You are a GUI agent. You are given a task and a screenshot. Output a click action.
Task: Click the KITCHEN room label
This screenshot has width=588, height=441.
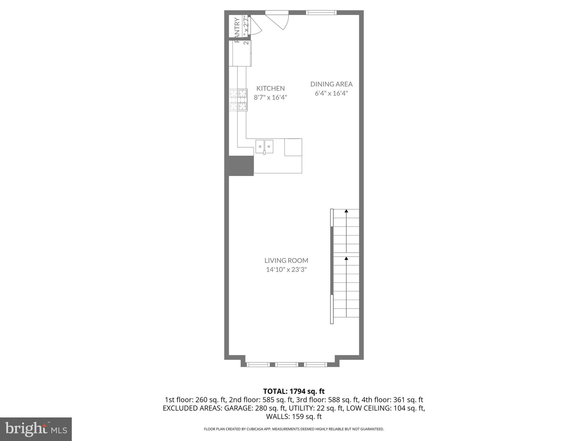point(270,88)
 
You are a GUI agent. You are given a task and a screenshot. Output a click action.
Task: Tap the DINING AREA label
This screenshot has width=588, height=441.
point(331,84)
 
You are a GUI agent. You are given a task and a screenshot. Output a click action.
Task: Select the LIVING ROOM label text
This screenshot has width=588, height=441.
point(286,260)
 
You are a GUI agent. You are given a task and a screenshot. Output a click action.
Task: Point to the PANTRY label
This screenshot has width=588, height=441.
point(237,30)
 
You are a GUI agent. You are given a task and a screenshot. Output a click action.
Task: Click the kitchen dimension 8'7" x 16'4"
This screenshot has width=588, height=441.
point(270,97)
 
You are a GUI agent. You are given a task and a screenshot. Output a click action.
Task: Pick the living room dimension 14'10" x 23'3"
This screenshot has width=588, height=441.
point(286,270)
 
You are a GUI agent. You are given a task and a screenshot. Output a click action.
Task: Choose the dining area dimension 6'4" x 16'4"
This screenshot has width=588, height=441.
point(331,93)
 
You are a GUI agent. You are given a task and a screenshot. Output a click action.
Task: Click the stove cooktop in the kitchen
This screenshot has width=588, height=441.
point(238,100)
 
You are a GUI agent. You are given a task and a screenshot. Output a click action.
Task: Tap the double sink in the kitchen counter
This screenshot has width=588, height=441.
point(264,146)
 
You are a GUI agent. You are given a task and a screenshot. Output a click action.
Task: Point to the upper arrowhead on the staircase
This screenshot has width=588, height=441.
point(346,211)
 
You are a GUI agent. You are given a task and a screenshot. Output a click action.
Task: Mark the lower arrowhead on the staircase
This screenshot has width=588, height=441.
point(346,258)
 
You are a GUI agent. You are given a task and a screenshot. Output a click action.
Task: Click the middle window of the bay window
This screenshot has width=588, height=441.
point(287,365)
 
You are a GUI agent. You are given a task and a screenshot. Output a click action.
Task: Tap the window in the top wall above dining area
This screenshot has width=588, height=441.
point(321,12)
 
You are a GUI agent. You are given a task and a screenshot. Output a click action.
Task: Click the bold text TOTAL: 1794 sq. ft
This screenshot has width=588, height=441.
point(294,391)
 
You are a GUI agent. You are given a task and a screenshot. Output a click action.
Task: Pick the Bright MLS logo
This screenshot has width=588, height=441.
point(36,429)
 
